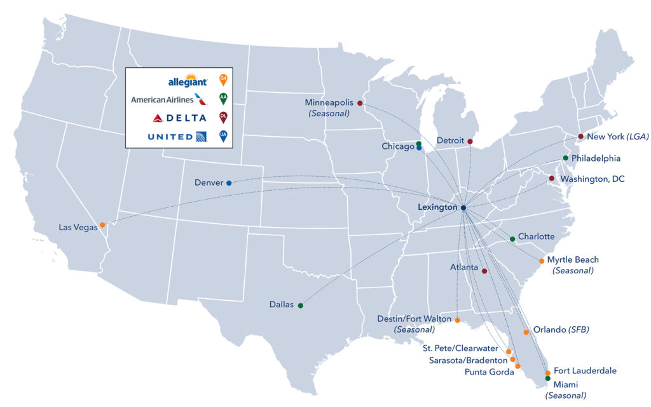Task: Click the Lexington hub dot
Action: tap(463, 208)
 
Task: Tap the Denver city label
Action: tap(209, 183)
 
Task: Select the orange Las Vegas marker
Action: tap(102, 224)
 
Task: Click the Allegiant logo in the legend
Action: tap(187, 81)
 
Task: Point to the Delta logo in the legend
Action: tap(180, 118)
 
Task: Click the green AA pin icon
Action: tap(223, 99)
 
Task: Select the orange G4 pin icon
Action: tap(223, 79)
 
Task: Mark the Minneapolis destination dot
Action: tap(360, 103)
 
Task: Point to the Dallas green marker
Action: tap(301, 306)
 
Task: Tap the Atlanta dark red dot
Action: tap(484, 271)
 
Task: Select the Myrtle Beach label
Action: tap(573, 259)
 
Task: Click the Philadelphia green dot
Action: tap(565, 158)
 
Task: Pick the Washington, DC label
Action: tap(592, 179)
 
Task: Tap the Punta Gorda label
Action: tap(489, 372)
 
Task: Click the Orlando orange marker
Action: tap(526, 332)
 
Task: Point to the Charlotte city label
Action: tap(536, 237)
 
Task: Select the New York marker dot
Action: tap(580, 136)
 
